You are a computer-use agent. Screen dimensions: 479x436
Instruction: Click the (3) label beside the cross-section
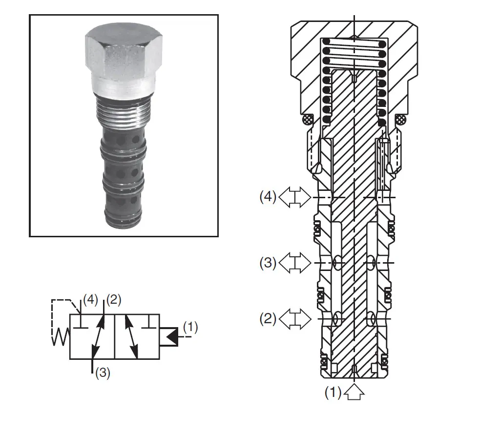coord(268,263)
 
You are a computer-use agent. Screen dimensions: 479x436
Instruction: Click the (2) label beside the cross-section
coord(268,319)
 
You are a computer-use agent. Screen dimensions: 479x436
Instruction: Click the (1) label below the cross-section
coord(333,393)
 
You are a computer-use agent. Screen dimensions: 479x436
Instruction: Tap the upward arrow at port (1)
coord(354,393)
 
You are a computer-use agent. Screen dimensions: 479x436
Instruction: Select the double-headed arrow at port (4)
coord(295,197)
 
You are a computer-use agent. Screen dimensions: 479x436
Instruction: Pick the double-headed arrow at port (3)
coord(295,263)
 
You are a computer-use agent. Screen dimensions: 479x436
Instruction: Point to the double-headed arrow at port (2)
coord(295,319)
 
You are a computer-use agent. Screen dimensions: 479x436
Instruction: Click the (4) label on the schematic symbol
coord(90,300)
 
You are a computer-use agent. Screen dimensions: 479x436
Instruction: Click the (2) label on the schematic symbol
coord(114,300)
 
